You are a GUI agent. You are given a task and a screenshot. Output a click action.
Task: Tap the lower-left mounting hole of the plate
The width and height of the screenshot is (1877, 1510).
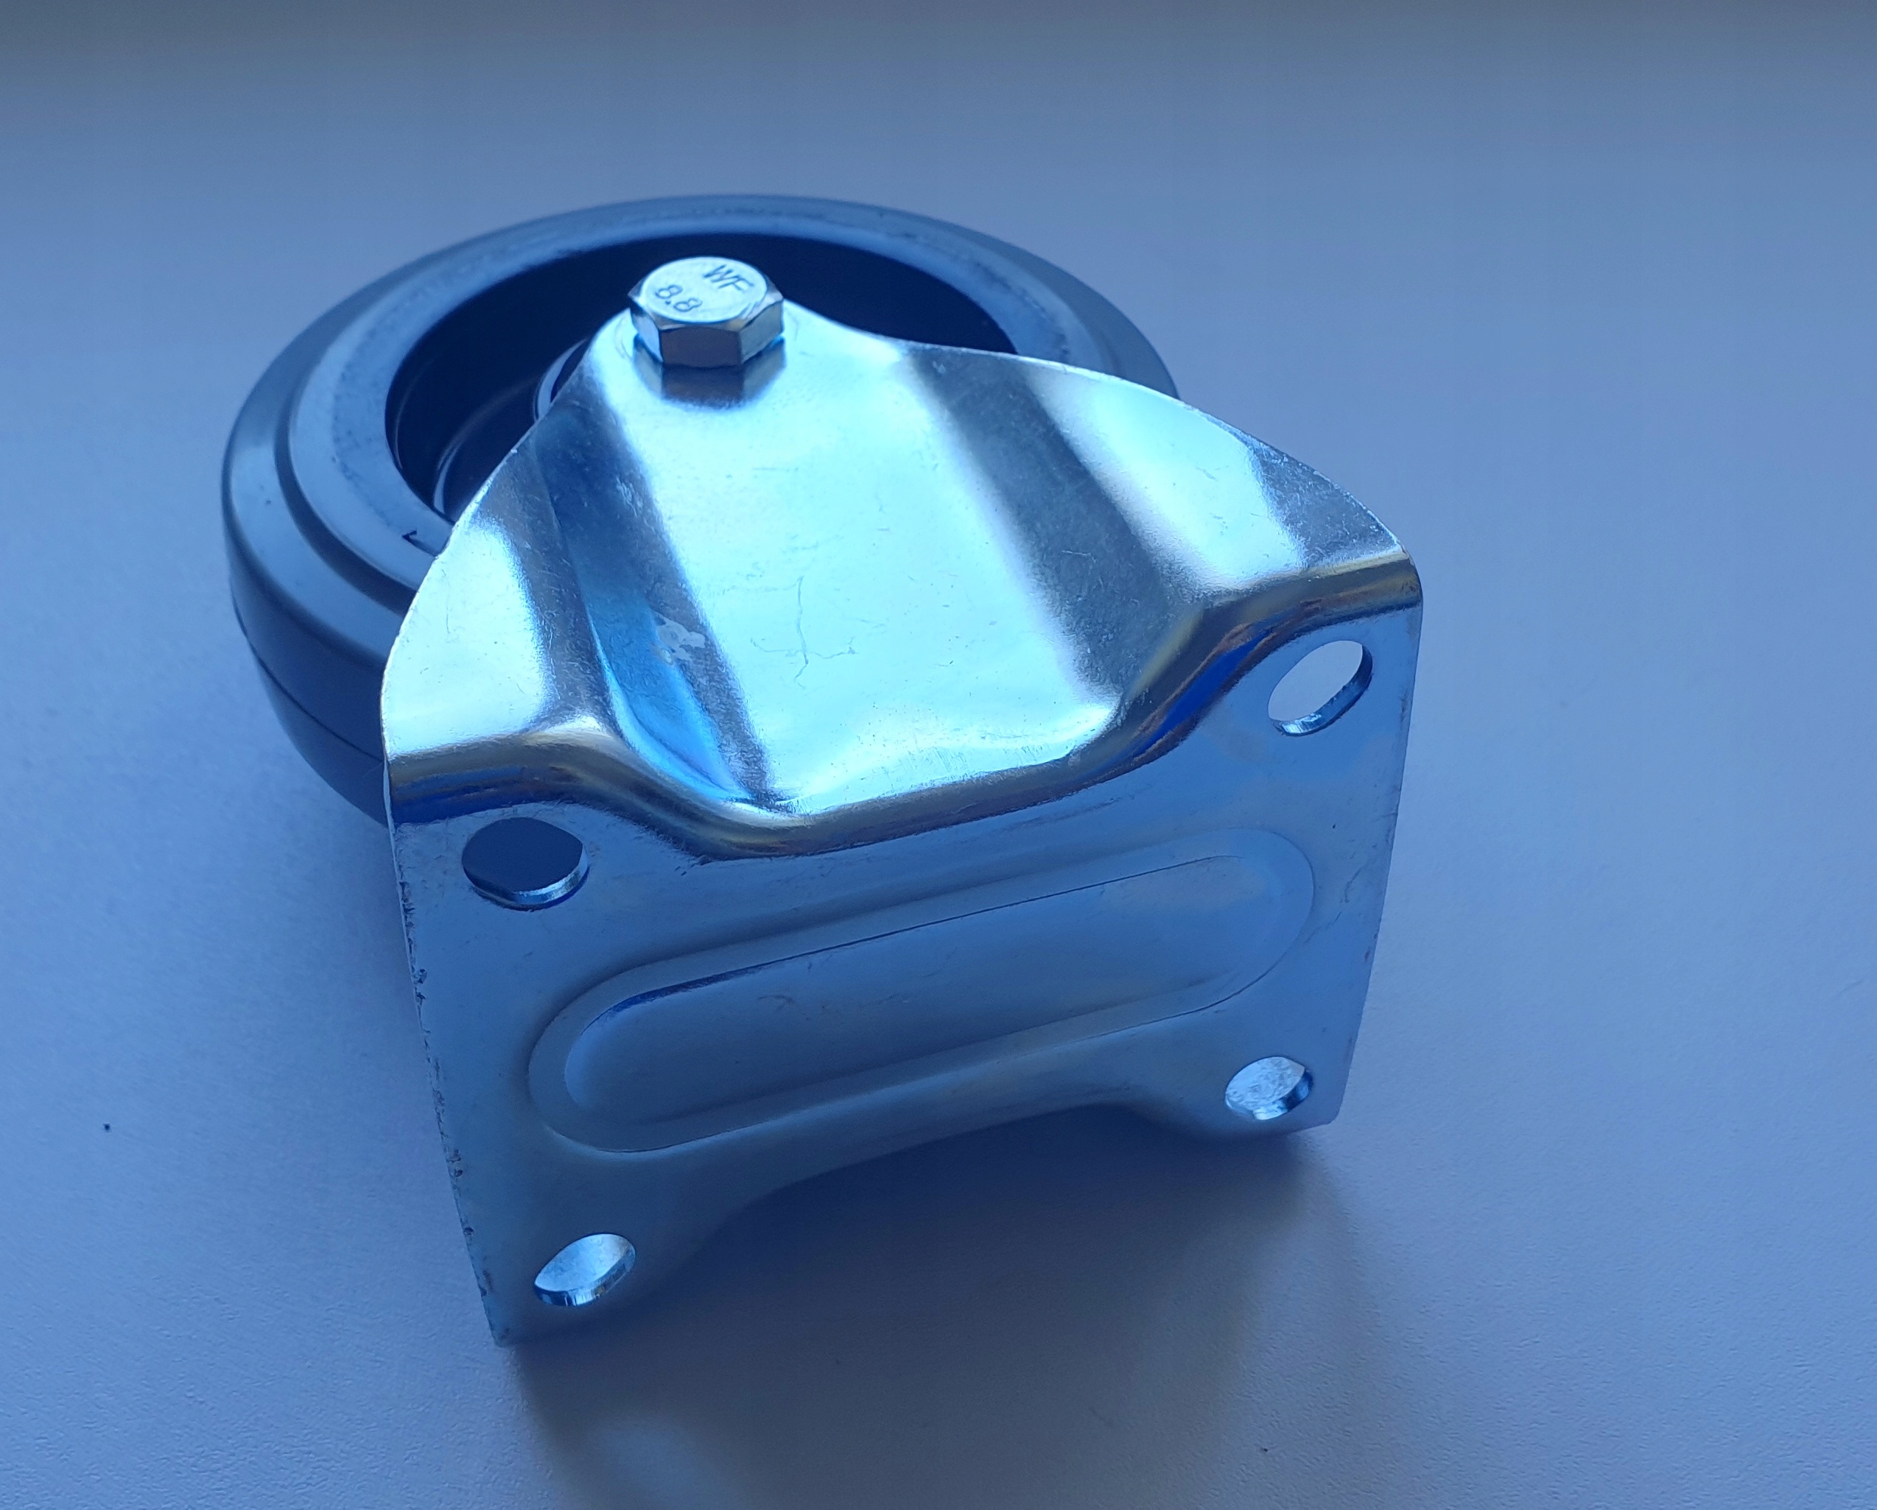pos(583,1271)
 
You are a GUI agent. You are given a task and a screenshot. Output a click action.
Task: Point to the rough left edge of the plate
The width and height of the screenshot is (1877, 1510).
pos(435,1045)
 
